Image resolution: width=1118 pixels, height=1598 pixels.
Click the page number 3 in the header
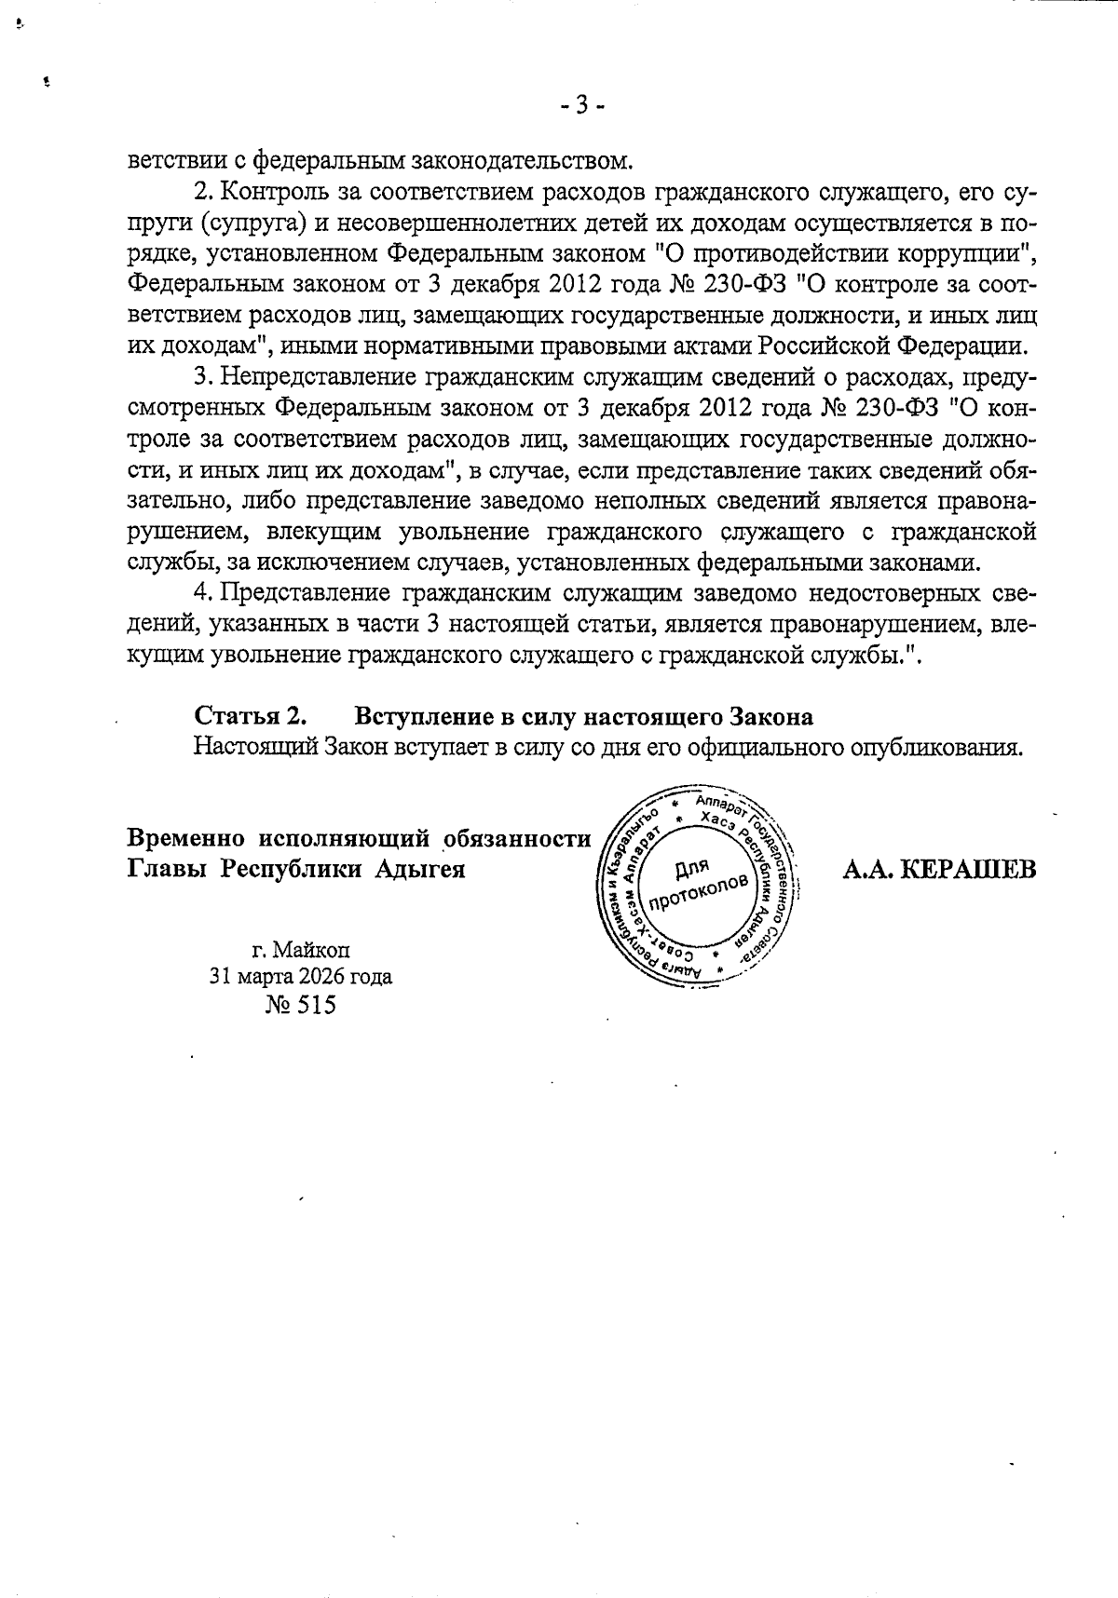point(581,105)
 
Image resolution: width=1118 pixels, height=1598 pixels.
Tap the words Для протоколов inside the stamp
point(695,883)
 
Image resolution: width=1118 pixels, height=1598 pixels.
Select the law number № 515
point(300,1006)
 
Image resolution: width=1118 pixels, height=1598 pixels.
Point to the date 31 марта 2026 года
point(300,976)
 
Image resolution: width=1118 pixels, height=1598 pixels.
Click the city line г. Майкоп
point(300,949)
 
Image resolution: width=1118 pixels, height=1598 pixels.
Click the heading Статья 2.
point(251,716)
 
